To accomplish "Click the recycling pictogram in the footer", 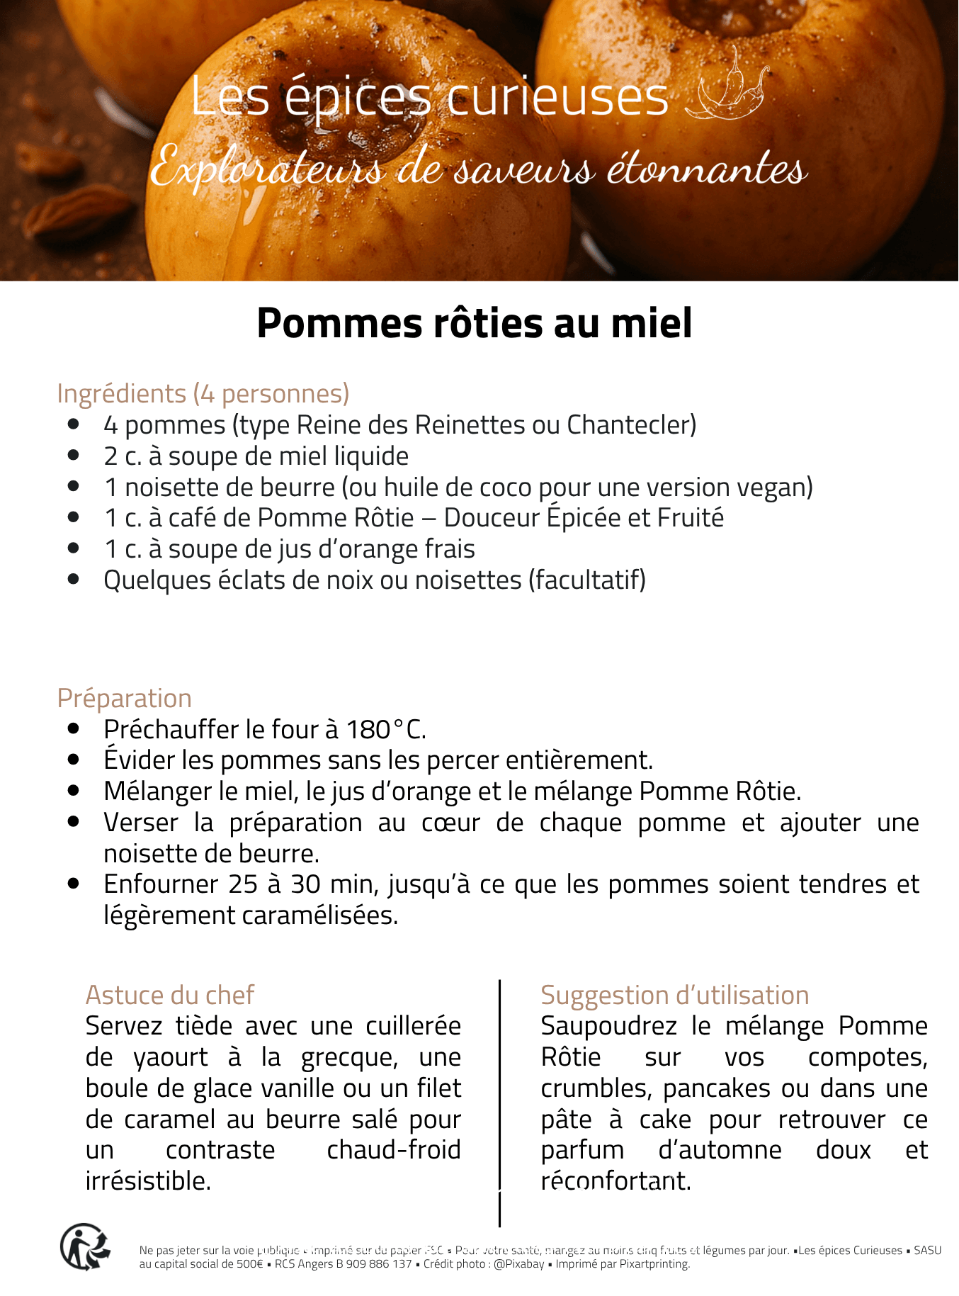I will click(x=84, y=1246).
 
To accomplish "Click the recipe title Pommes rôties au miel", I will click(x=474, y=324).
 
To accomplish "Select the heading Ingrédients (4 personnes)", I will click(x=203, y=393).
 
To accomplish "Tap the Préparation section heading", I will click(x=125, y=698).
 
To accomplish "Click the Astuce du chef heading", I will click(x=169, y=995).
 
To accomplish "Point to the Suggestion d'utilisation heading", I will click(x=674, y=995).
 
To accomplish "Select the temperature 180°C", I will click(x=385, y=729).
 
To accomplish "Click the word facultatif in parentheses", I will click(x=587, y=580).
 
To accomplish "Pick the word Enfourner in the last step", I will click(x=161, y=884).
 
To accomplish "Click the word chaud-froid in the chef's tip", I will click(x=394, y=1149).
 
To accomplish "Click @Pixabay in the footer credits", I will click(x=519, y=1263).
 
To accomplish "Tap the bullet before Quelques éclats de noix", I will click(x=74, y=580).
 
